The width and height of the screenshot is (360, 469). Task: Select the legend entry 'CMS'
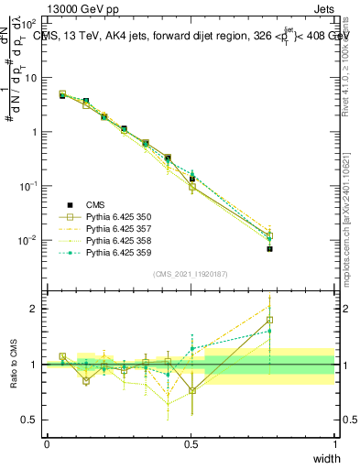click(93, 205)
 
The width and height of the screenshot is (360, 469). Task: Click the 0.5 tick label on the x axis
click(191, 444)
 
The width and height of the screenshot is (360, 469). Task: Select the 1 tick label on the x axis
click(335, 444)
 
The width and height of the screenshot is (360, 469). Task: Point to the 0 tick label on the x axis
click(47, 444)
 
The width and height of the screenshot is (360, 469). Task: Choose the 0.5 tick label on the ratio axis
click(30, 420)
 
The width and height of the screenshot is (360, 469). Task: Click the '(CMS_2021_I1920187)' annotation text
click(191, 274)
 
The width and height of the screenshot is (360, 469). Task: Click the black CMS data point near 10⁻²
click(270, 248)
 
